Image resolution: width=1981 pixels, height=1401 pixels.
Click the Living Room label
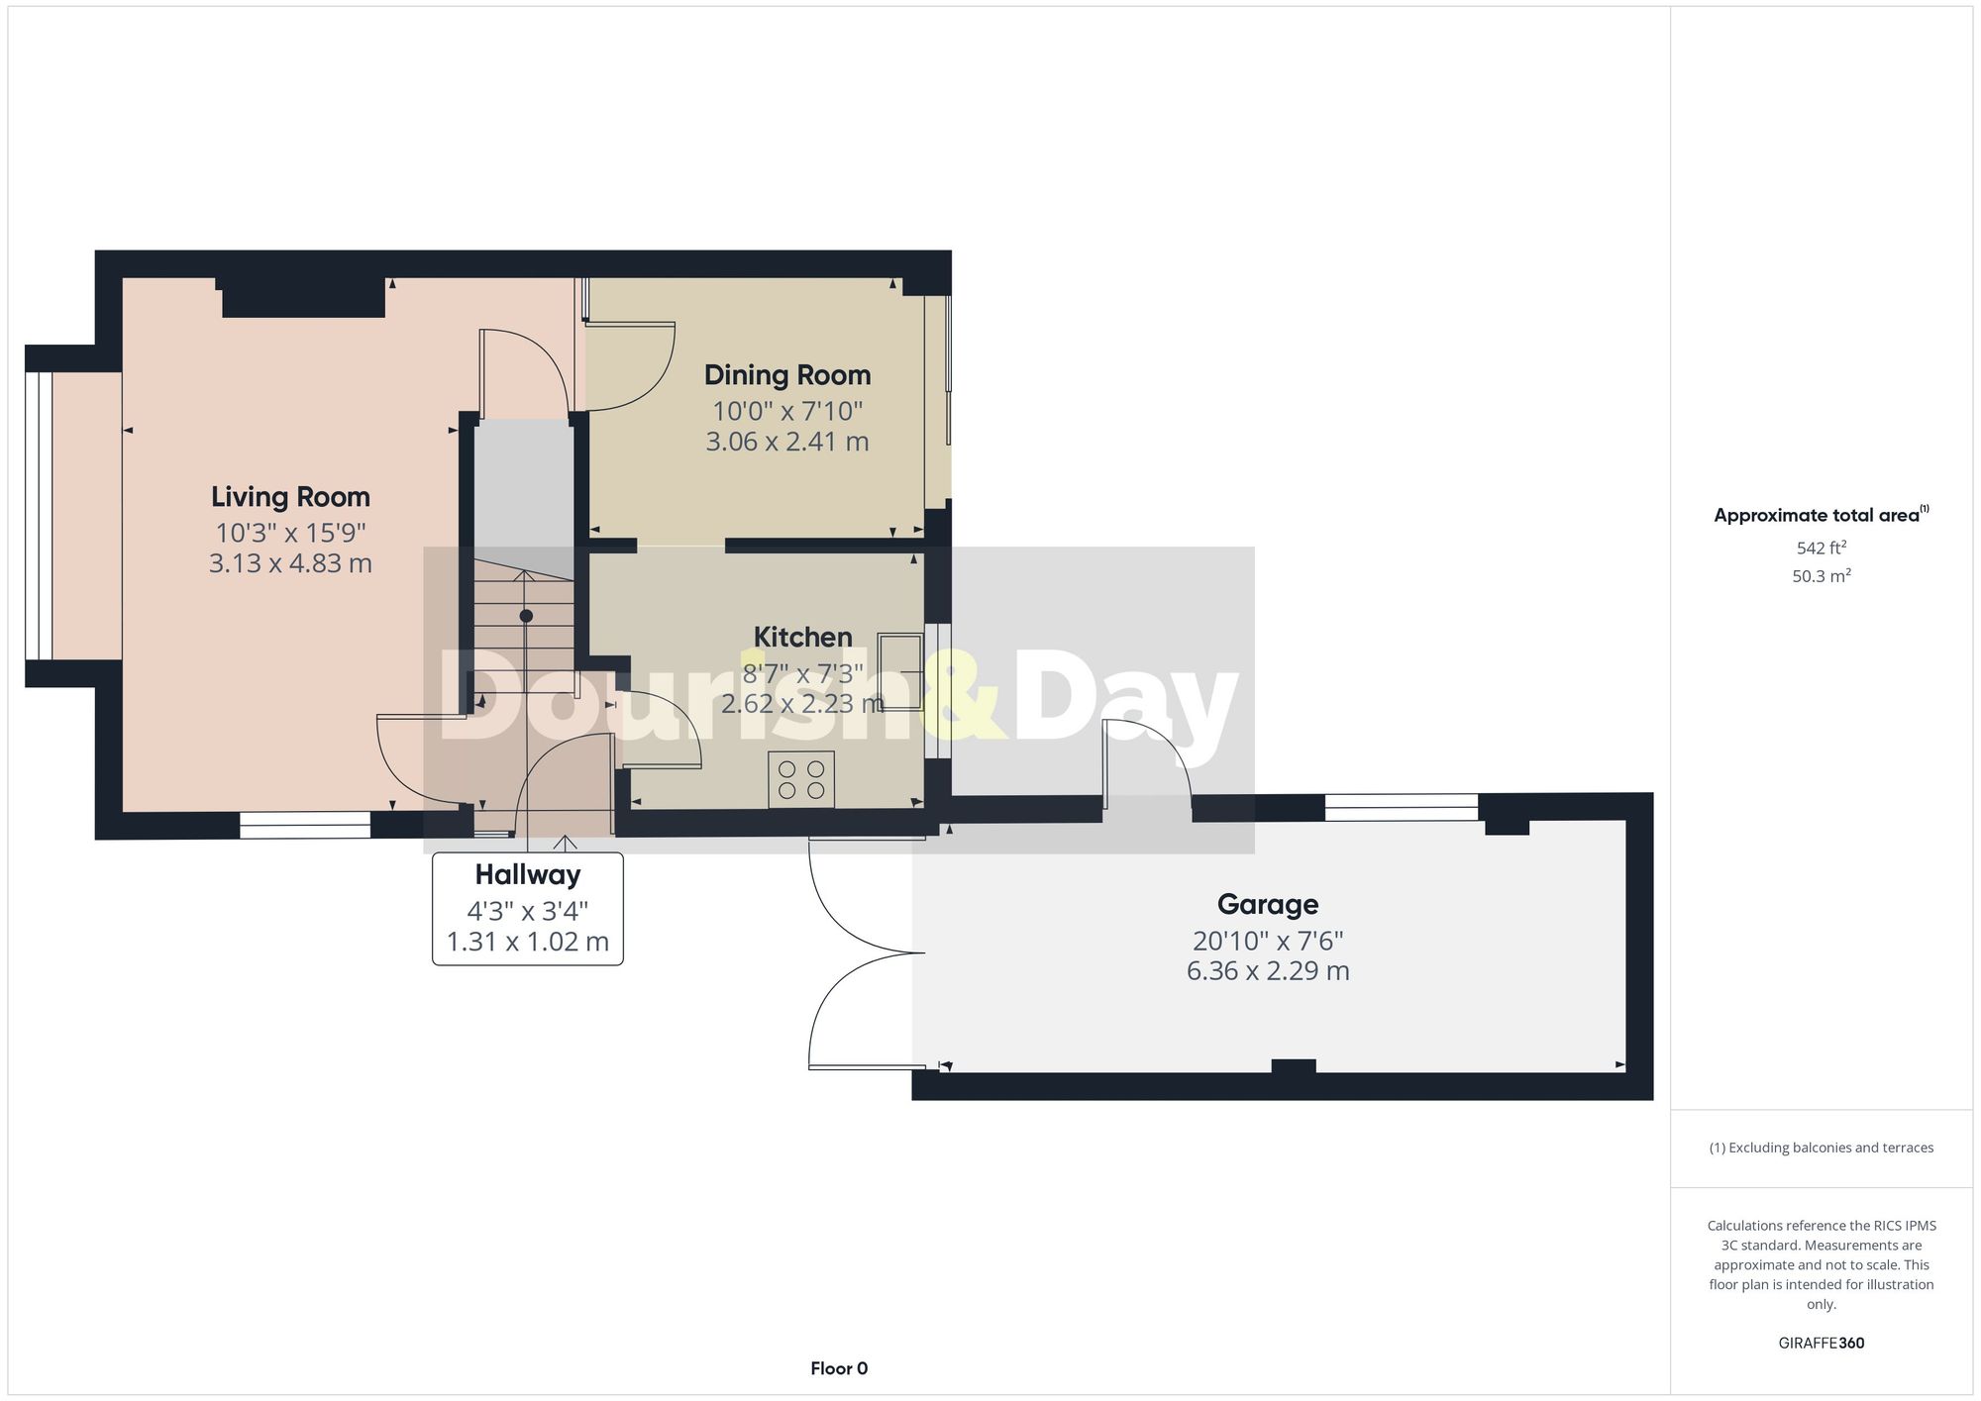coord(290,497)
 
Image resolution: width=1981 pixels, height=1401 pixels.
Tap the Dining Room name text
coord(787,375)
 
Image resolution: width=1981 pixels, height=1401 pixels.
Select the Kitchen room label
coord(802,637)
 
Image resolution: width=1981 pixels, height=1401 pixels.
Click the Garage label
coord(1267,904)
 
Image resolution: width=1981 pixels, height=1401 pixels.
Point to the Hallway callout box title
coord(527,875)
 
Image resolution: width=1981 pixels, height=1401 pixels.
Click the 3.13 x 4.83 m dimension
coord(290,563)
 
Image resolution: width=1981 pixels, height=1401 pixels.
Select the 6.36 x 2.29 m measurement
coord(1267,970)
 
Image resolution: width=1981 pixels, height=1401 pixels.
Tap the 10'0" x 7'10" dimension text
coord(787,411)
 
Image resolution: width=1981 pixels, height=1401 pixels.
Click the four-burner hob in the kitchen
coord(801,779)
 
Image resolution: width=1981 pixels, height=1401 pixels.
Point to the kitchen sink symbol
coord(899,672)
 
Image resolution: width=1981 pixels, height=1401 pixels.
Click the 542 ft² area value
coord(1821,548)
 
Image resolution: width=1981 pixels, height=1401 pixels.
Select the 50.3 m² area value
coord(1821,576)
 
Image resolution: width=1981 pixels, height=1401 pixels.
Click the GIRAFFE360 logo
coord(1821,1344)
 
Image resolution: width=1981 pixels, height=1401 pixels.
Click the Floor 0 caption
coord(839,1368)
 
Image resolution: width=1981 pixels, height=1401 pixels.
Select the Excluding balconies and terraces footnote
coord(1821,1148)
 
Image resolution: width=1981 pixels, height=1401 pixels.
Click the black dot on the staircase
coord(526,616)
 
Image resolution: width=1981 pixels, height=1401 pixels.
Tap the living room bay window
coord(38,516)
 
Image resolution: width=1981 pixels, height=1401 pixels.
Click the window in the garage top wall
coord(1401,808)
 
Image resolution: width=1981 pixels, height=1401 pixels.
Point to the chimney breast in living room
coord(303,297)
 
